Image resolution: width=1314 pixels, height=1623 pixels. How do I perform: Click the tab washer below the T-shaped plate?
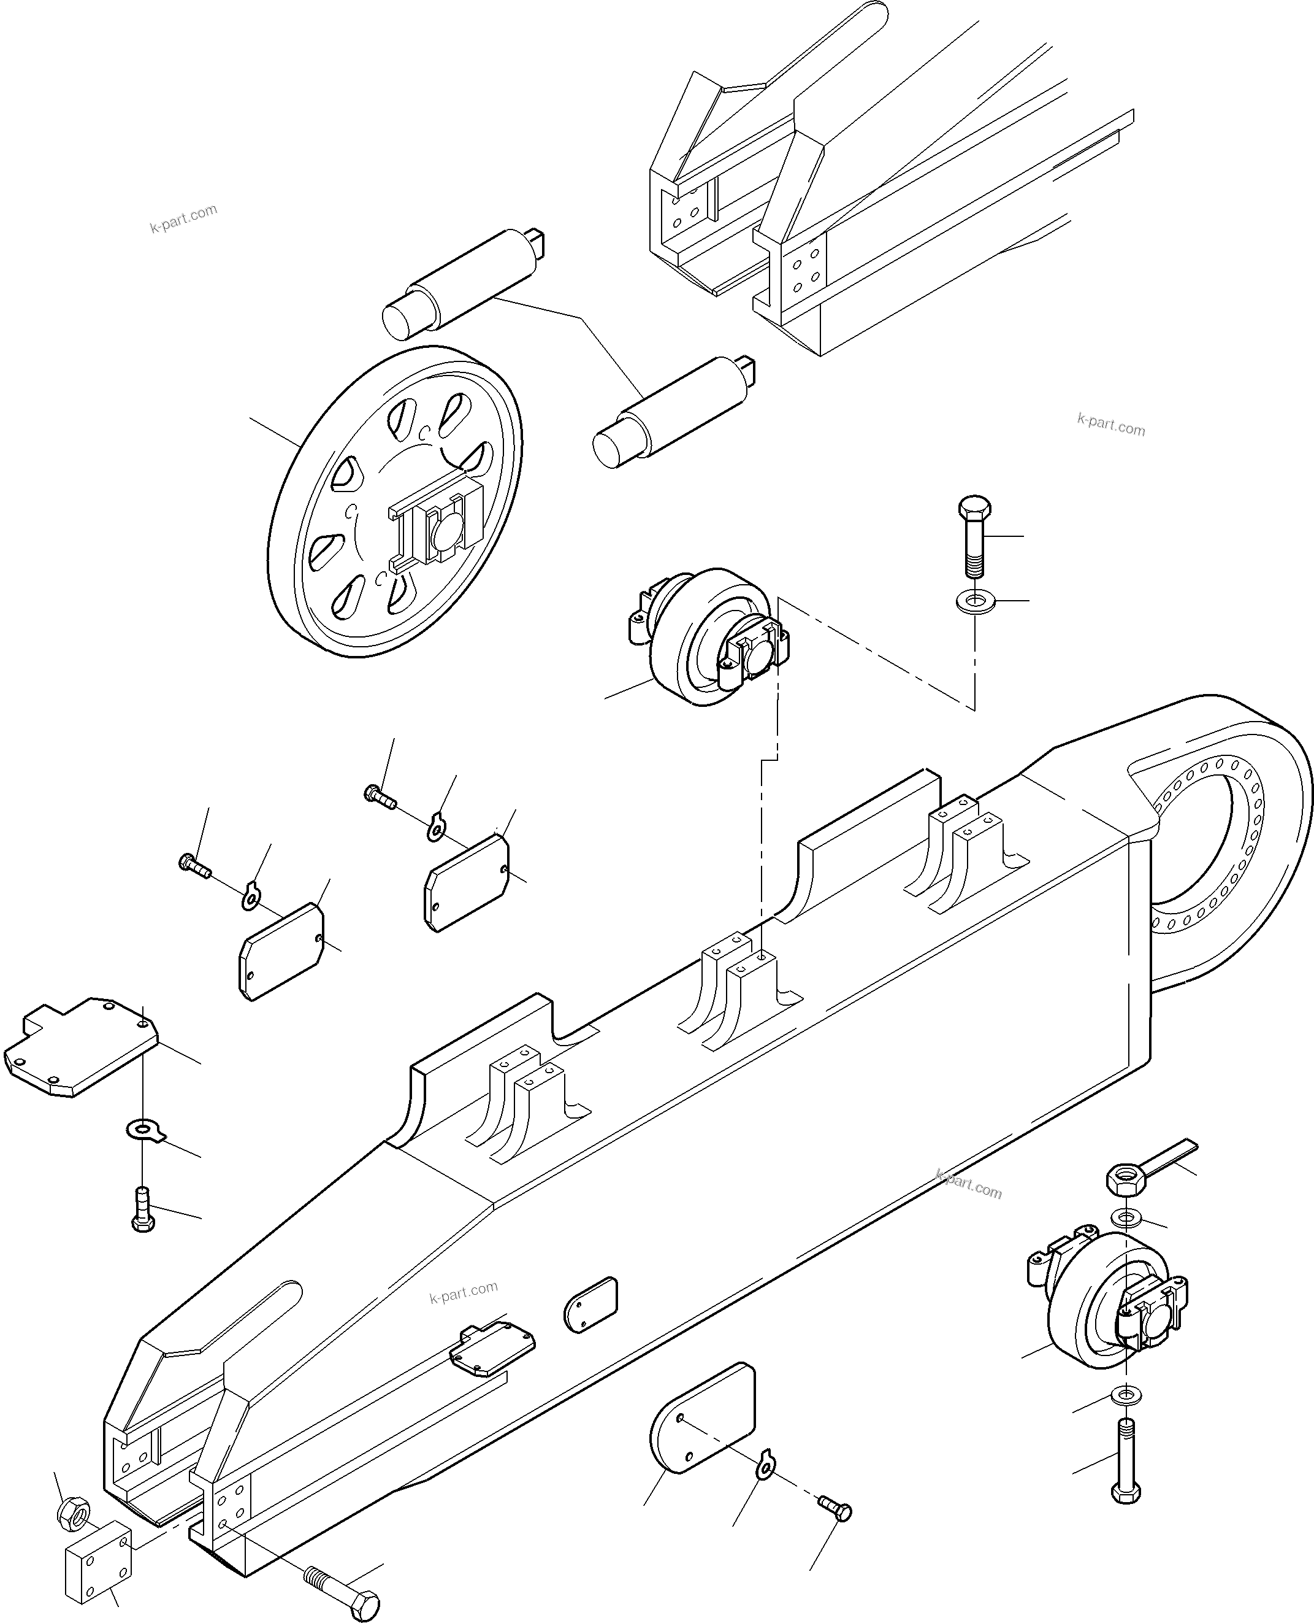tap(145, 1131)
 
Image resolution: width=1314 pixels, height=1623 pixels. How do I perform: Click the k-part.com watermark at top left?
tap(183, 218)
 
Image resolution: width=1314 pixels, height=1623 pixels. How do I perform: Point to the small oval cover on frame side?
tap(590, 1304)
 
